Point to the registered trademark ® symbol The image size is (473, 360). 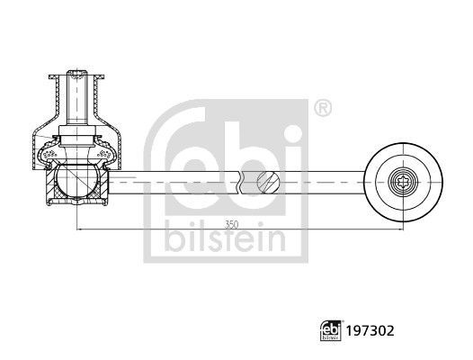tap(322, 110)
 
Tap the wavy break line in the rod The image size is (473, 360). tap(242, 183)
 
